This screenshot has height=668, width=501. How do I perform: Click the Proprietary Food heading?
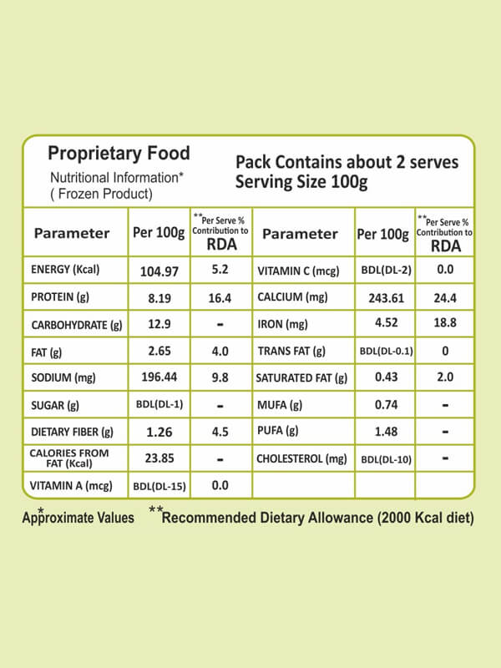[x=119, y=154]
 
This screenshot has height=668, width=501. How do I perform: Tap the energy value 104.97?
[x=159, y=271]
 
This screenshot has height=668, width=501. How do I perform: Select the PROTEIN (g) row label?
[x=60, y=297]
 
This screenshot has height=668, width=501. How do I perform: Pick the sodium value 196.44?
[x=159, y=377]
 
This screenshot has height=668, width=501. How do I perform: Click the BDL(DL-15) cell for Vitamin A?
[x=159, y=485]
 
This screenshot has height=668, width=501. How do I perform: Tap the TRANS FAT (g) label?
[x=291, y=351]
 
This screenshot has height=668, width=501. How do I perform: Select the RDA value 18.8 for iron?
[x=445, y=324]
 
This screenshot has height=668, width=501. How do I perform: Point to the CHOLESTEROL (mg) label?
[x=301, y=458]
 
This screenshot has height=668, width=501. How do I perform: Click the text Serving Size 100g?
[x=301, y=182]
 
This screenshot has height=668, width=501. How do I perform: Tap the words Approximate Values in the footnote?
[x=78, y=518]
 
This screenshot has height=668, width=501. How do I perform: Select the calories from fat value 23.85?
[x=159, y=458]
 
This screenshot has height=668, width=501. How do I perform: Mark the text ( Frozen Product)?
[x=101, y=194]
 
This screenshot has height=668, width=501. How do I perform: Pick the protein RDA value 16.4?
[x=220, y=297]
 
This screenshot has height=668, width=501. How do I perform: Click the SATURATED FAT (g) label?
[x=301, y=378]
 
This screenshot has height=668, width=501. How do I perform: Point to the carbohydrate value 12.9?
[x=159, y=324]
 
